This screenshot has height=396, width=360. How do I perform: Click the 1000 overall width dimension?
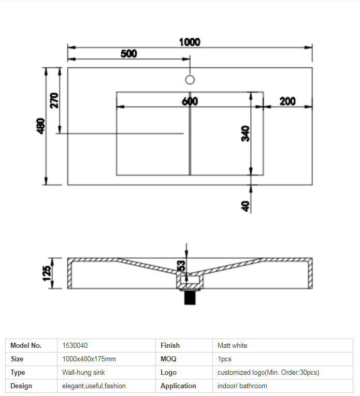point(190,42)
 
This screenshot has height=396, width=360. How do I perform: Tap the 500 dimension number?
point(129,53)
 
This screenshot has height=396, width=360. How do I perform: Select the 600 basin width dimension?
point(190,101)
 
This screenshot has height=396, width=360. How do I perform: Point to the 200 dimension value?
point(287,101)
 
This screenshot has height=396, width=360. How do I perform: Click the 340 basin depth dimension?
point(246,134)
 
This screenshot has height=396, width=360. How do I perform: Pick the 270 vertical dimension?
point(54,100)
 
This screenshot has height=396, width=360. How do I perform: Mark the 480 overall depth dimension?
point(41,126)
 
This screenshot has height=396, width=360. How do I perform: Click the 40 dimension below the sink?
point(246,206)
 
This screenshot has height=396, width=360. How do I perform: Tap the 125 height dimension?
point(47,273)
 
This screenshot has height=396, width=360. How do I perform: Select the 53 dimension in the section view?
point(181,266)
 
